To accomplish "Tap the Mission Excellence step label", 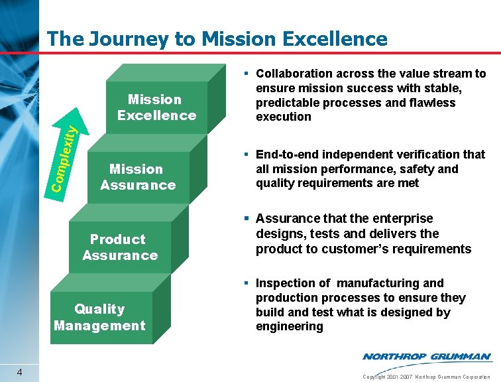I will pos(156,107).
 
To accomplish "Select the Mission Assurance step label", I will pos(138,177).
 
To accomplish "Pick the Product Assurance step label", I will pos(120,247).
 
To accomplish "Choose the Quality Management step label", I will pos(99,317).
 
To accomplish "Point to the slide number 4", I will pos(21,372).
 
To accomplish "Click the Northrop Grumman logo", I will pos(427,357).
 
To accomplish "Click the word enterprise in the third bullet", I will pos(404,219).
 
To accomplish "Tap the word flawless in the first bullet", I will pos(431,103).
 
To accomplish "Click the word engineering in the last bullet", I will pos(289,326).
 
